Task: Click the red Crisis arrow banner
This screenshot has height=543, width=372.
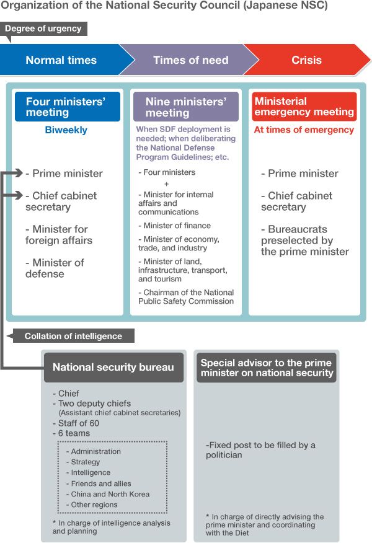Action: coord(307,60)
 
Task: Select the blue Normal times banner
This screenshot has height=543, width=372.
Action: coord(61,60)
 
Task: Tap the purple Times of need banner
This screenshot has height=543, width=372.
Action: coord(190,60)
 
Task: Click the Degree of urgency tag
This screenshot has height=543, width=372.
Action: coord(43,29)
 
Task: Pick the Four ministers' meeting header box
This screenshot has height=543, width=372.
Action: coord(68,107)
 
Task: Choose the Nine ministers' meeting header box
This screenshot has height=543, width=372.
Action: coord(185,107)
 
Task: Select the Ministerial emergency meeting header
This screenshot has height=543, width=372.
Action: coord(304,107)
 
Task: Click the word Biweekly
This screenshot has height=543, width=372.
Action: coord(66,130)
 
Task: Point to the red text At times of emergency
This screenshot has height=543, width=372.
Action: coord(304,130)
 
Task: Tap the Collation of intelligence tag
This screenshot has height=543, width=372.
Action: coord(73,336)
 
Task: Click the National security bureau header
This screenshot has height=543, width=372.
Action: coord(113,367)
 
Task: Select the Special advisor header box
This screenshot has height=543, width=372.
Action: coord(267,367)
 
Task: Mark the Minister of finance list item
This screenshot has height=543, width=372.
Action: coord(175,226)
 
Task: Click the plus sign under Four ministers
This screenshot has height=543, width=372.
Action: coord(166,183)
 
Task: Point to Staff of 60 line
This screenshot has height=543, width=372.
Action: coord(78,423)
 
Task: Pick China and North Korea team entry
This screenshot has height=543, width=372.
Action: coord(110,494)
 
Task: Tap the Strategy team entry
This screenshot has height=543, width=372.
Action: coord(85,462)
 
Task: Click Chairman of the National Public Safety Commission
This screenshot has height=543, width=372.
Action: coord(186,297)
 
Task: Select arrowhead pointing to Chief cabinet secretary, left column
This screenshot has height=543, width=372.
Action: coord(20,196)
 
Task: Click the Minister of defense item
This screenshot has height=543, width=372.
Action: coord(55,268)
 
